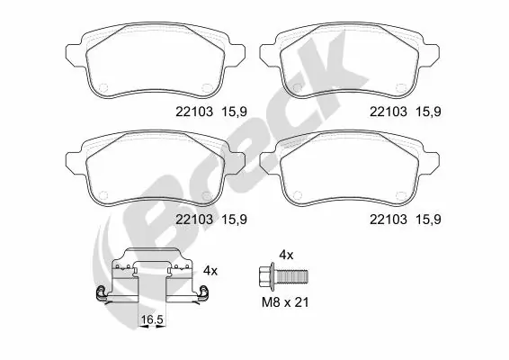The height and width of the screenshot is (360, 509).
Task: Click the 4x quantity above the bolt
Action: point(285,255)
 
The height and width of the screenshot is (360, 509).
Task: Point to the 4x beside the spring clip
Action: point(210,269)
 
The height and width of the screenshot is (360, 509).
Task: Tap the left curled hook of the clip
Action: point(100,292)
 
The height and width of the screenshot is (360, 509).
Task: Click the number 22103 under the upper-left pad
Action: point(192,112)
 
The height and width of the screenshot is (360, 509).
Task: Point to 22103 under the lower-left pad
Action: point(192,218)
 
